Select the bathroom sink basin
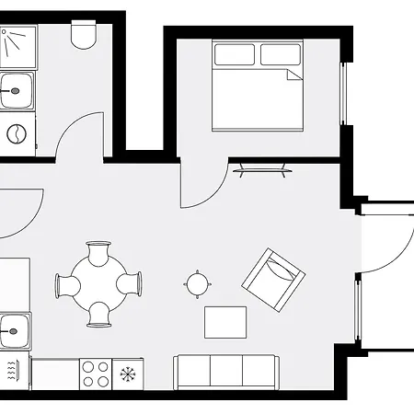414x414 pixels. pos(16,91)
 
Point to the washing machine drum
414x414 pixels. pos(17,134)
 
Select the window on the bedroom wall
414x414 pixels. pos(346,93)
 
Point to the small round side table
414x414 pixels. pos(197,283)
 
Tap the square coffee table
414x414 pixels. pos(225,322)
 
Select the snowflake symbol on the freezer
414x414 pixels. pos(128,374)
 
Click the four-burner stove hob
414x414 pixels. pos(96,374)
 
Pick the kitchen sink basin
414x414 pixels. pos(14,328)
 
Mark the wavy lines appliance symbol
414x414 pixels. pos(13,372)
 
